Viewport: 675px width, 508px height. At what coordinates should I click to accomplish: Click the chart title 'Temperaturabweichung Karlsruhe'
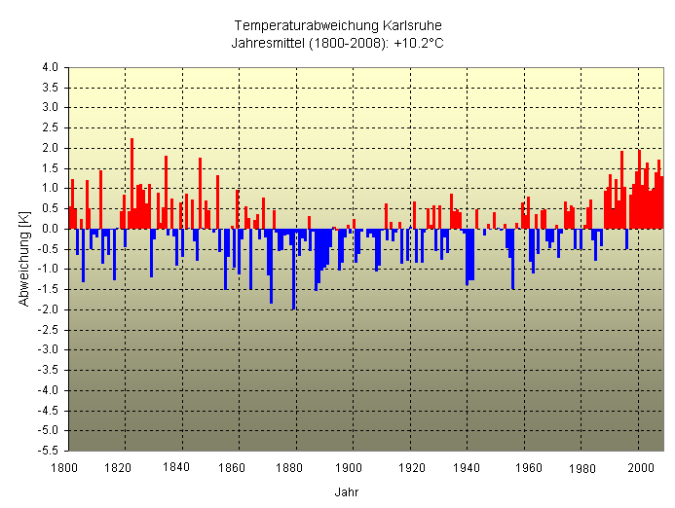coord(337,25)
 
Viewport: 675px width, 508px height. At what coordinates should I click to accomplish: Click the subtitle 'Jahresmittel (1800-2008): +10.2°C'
coord(337,43)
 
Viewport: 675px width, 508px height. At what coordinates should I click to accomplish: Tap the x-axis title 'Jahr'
coord(346,491)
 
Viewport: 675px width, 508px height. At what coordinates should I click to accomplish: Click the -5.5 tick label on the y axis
coord(48,451)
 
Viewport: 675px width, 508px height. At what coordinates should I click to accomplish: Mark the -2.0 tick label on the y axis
coord(48,309)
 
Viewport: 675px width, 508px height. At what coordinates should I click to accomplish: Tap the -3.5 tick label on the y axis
coord(48,370)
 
